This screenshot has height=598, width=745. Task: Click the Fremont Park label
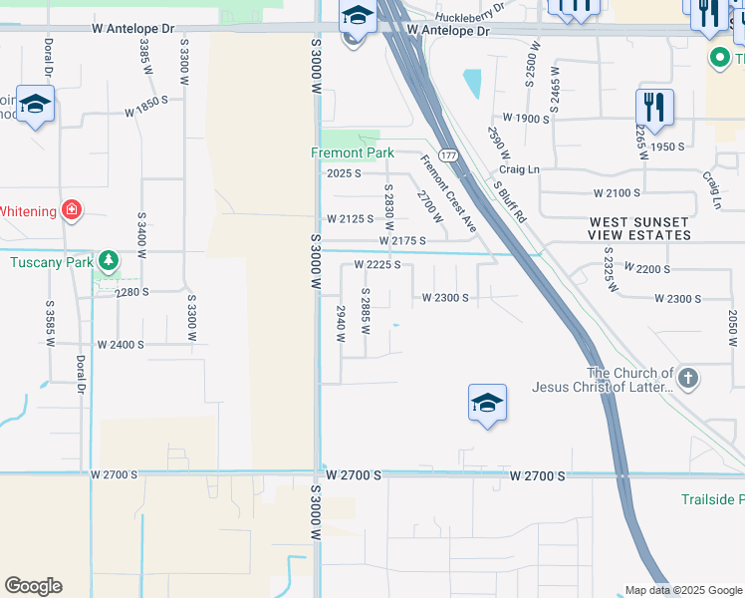[353, 152]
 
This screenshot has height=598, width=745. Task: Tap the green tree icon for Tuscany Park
[109, 262]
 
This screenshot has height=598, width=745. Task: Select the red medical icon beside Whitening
[71, 209]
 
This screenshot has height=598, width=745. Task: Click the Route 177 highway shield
[450, 155]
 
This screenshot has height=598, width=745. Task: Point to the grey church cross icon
[688, 378]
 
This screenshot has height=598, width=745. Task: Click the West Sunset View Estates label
[639, 228]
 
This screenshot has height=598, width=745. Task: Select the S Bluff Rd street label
[509, 200]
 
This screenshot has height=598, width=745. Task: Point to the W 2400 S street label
[121, 344]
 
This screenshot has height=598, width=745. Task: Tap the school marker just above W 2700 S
[487, 404]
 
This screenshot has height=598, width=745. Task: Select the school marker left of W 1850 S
[36, 105]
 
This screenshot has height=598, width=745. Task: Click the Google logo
[33, 586]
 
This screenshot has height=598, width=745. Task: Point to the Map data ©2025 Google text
[683, 590]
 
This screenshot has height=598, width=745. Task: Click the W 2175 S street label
[402, 241]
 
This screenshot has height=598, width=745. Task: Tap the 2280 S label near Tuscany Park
[130, 292]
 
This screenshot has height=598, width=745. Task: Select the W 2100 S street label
[618, 192]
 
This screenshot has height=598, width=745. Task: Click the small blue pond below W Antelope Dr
[471, 84]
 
